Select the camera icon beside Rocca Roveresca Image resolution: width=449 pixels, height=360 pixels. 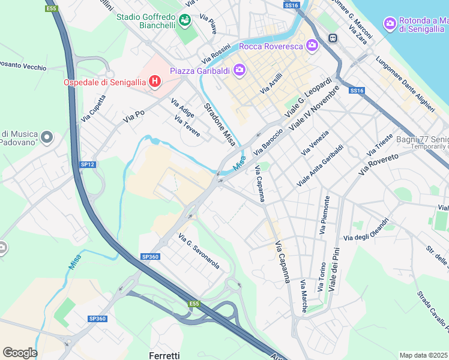[312, 45]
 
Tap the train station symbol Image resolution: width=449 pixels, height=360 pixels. [332, 38]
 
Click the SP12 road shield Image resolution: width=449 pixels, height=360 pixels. [88, 164]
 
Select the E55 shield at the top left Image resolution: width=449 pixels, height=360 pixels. [52, 8]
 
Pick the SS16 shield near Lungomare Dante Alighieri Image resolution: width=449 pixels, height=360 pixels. [357, 91]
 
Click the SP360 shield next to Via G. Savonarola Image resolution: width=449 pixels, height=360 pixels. [150, 256]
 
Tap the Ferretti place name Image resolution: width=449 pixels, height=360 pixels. [164, 355]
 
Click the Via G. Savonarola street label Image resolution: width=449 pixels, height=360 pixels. [199, 251]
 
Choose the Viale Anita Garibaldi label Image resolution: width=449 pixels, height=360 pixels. [321, 165]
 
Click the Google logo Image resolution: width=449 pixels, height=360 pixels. [20, 353]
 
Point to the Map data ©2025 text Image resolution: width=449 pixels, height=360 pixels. [423, 355]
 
